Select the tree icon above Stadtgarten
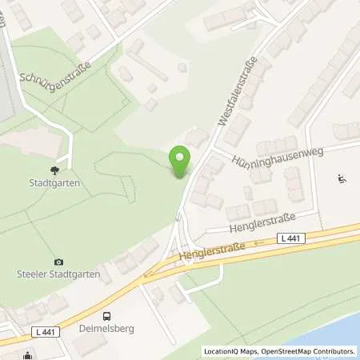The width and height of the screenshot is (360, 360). click(54, 170)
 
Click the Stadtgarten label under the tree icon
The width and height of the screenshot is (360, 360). click(55, 182)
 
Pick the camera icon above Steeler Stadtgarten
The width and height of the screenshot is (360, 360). click(58, 262)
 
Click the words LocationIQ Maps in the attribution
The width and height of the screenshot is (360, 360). click(229, 350)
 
